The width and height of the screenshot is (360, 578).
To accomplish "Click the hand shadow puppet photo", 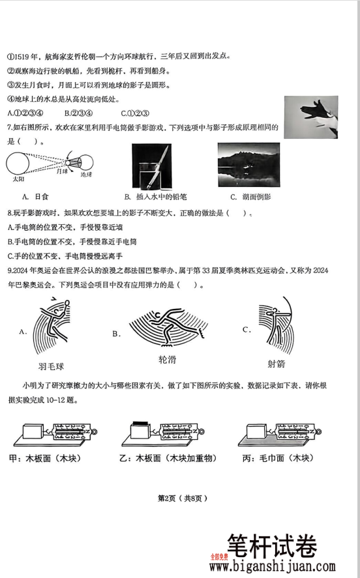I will pyautogui.click(x=310, y=117).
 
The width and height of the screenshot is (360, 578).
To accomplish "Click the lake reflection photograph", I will pyautogui.click(x=248, y=164).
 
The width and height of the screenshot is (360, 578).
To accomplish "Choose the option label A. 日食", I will pyautogui.click(x=37, y=196).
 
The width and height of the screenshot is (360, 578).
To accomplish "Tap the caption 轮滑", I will pyautogui.click(x=167, y=360).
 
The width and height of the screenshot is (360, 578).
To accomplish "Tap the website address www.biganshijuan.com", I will pyautogui.click(x=273, y=567).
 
